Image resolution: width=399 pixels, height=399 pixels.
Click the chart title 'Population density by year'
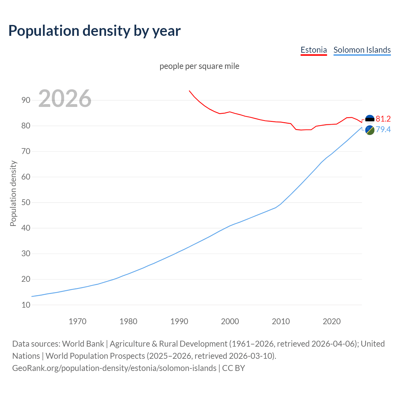(x=94, y=31)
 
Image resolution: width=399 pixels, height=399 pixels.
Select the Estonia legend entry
(x=314, y=50)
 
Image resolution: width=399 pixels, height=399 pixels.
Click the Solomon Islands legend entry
(x=362, y=50)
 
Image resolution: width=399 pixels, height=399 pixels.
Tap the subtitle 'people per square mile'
(x=199, y=66)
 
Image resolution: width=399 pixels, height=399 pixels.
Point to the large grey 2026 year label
(x=65, y=99)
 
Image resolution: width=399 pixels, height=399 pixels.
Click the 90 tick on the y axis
(x=26, y=100)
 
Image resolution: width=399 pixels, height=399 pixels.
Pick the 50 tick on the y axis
(x=26, y=202)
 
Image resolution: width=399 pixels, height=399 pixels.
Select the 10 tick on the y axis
(x=26, y=305)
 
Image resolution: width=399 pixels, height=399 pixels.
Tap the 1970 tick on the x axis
(x=77, y=321)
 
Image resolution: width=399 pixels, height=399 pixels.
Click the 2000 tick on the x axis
(x=230, y=321)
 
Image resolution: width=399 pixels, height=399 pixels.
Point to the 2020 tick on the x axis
(x=331, y=321)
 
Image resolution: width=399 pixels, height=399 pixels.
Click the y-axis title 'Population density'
(x=13, y=193)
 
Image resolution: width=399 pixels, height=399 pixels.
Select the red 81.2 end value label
(x=383, y=119)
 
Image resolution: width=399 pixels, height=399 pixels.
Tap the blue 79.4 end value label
(x=383, y=129)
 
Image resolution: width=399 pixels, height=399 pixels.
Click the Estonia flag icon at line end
(x=370, y=119)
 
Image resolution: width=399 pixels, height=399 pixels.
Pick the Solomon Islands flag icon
(x=370, y=130)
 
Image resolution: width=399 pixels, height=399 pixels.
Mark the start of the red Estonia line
(x=189, y=91)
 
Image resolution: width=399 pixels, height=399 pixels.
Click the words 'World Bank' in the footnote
(x=83, y=344)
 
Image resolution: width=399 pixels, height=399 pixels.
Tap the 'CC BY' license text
(x=233, y=368)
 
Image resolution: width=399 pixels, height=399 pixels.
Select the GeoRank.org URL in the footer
(x=114, y=368)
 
